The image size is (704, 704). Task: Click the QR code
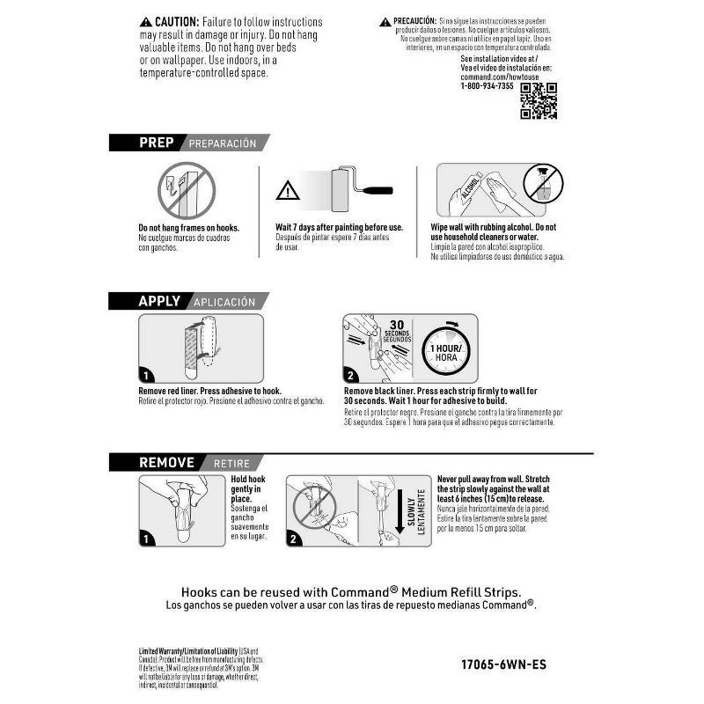click(x=539, y=100)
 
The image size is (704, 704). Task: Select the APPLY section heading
click(x=159, y=301)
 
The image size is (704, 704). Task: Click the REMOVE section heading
click(x=166, y=462)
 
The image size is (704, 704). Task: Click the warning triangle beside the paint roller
click(x=288, y=189)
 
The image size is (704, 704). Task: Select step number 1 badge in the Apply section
click(x=147, y=374)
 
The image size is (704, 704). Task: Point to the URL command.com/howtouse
click(x=490, y=77)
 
